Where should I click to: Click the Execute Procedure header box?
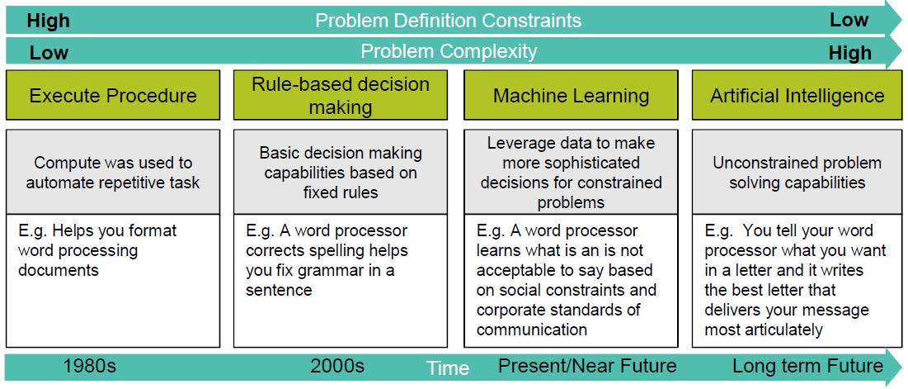tap(113, 95)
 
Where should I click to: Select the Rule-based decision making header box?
tap(341, 95)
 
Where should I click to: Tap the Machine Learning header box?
tap(571, 95)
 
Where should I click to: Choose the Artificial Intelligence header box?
tap(797, 95)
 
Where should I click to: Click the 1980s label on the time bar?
tap(90, 366)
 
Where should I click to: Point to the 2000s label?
tap(337, 366)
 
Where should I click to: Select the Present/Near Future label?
tap(587, 366)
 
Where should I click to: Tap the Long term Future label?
tap(808, 366)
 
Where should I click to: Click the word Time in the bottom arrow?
tap(448, 368)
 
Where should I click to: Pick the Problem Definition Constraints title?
tap(448, 21)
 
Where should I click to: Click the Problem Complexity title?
tap(449, 51)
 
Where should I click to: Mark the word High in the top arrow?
tap(48, 21)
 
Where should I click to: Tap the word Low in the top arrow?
tap(849, 21)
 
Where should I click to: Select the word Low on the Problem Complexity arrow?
tap(49, 54)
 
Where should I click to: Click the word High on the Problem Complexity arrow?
tap(850, 54)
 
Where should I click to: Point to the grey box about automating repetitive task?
tap(113, 172)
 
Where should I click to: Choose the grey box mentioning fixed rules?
tap(341, 172)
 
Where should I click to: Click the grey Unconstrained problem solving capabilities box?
tap(797, 172)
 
